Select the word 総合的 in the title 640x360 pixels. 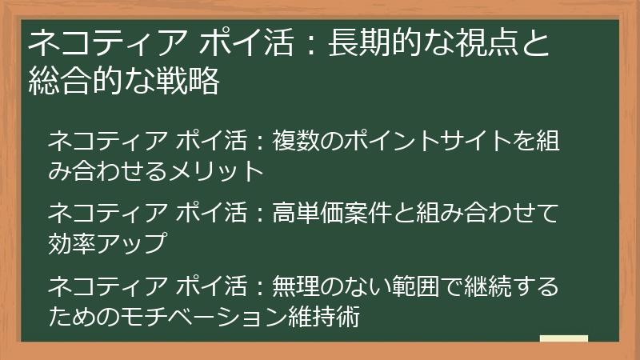click(x=70, y=82)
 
